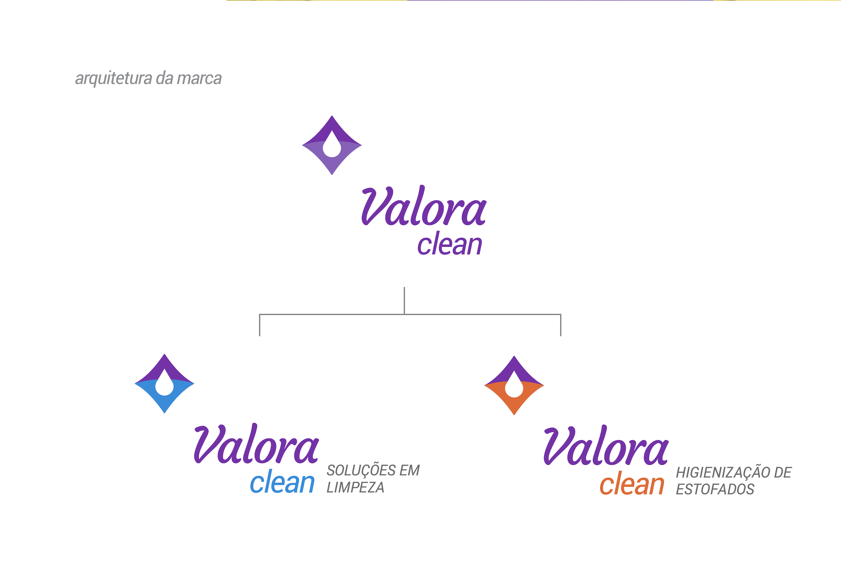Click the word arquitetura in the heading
[x=113, y=79]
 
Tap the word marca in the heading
[x=199, y=79]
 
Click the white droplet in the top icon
[x=332, y=147]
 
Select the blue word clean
[x=282, y=482]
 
